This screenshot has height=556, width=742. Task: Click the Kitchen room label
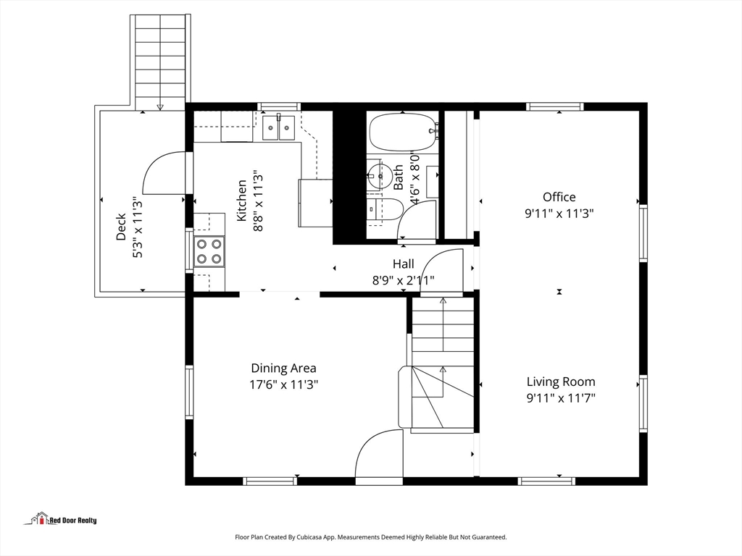[x=242, y=201]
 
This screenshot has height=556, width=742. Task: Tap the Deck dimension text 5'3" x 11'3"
[x=137, y=227]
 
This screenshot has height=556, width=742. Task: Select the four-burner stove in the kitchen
[x=209, y=251]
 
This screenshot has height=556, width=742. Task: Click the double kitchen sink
[x=279, y=127]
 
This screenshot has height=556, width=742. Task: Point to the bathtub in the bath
[x=403, y=132]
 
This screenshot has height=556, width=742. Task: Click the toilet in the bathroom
[x=385, y=209]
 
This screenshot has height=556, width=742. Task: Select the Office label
[x=559, y=197]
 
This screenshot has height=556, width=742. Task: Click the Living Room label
[x=562, y=382]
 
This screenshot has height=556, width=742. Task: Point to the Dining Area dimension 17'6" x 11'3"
[x=284, y=384]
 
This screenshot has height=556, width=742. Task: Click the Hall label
[x=403, y=264]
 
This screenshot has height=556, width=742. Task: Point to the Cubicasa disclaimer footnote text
[x=371, y=537]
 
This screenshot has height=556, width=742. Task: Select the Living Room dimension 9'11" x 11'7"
[x=562, y=398]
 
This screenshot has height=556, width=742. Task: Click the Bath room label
[x=399, y=177]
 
